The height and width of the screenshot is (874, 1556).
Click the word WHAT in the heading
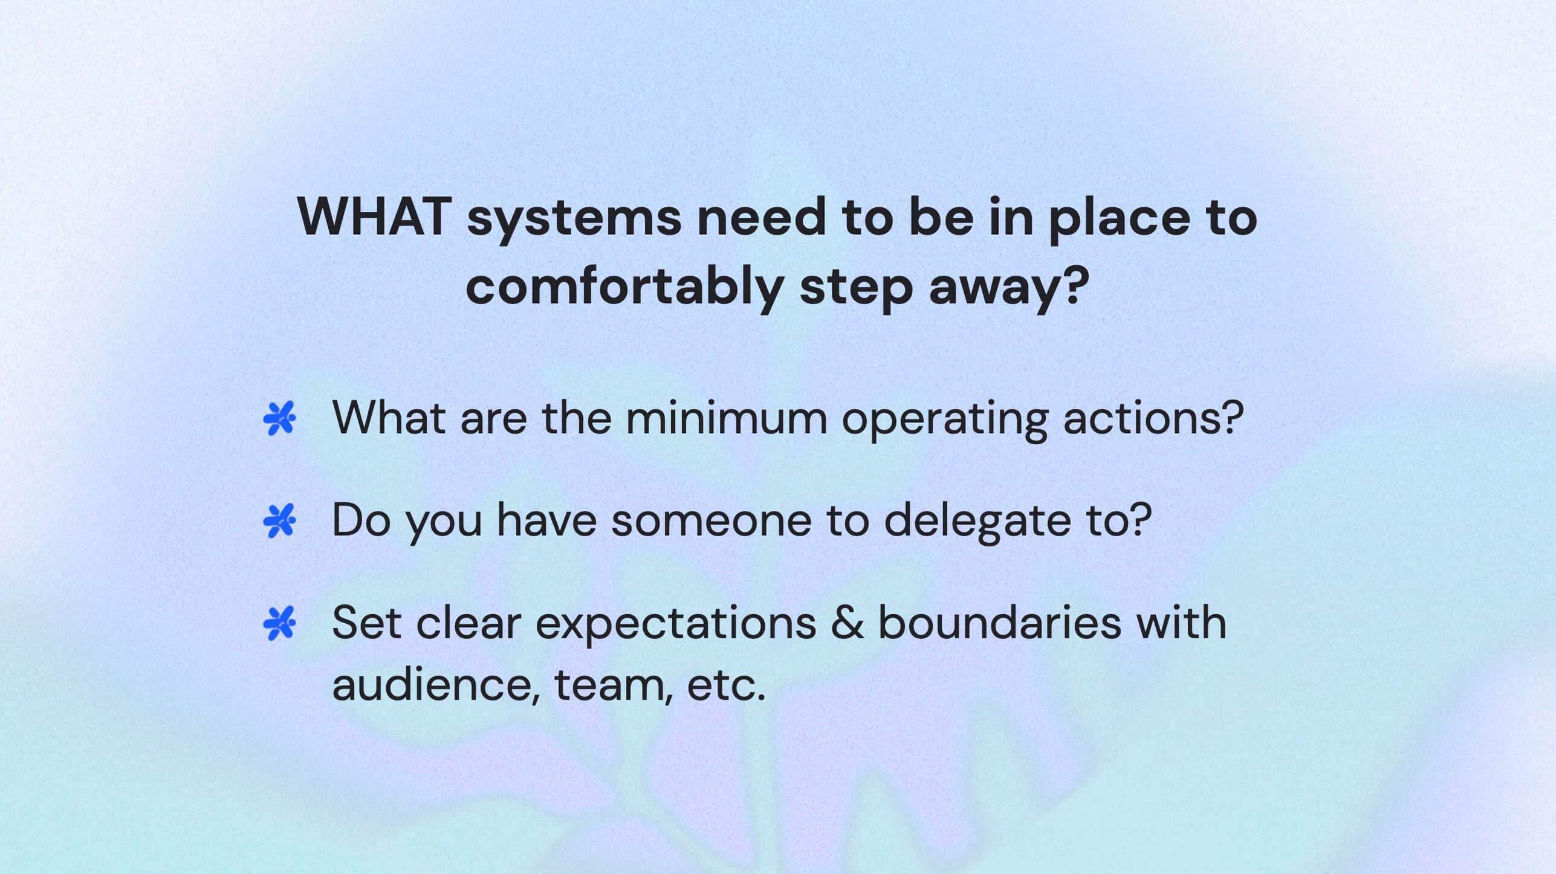[375, 217]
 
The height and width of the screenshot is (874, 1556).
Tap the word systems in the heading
[574, 221]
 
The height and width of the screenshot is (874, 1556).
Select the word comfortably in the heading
[625, 288]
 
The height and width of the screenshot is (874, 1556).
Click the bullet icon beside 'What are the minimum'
[279, 418]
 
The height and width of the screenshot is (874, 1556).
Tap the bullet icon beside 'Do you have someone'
[279, 520]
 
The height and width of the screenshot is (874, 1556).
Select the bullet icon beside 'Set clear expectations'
[279, 623]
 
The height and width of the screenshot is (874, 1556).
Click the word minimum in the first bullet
[726, 418]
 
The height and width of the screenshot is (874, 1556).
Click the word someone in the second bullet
[711, 520]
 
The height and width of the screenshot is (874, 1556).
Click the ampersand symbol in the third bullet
[847, 623]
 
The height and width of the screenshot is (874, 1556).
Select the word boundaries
[999, 623]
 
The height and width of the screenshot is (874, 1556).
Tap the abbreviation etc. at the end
[726, 685]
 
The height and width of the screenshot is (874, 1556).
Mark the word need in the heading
[761, 217]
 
